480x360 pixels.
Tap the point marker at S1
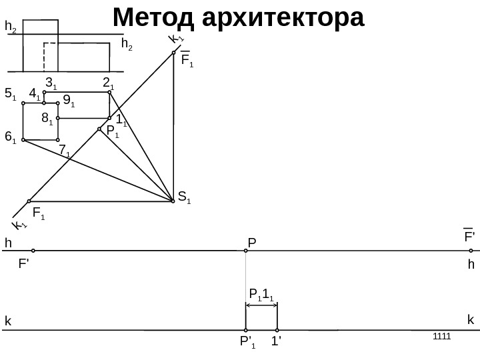173,199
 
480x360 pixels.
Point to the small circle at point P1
99,129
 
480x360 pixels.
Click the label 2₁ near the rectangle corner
108,83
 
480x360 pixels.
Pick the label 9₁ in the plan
68,101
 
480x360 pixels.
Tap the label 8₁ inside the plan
47,119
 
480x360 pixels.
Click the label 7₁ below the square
65,152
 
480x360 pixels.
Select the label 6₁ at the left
11,137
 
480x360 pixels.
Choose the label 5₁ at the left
11,95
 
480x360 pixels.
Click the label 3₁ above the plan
51,83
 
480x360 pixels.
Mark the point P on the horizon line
246,251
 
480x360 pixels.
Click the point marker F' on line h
33,251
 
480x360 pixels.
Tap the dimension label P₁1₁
261,294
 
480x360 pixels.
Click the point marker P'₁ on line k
246,330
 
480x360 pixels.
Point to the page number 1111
441,335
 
